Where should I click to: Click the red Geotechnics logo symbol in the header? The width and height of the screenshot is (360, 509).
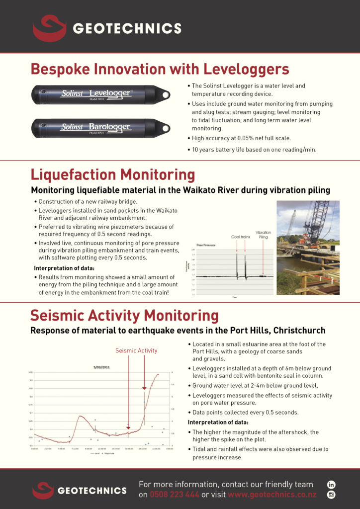coord(49,28)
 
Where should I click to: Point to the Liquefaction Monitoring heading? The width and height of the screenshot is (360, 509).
coord(113,175)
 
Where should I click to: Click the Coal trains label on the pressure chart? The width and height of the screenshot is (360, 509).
coord(241,237)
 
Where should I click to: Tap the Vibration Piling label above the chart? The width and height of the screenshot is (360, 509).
coord(263,235)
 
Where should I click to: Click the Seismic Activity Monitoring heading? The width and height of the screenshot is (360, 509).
coord(124,316)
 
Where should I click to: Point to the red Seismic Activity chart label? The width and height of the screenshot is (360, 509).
coord(136,350)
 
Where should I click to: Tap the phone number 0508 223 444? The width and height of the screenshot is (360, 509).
coord(175,495)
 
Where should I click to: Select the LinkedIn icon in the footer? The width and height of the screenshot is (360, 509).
coord(332,484)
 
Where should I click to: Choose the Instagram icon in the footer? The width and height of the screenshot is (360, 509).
coord(332,495)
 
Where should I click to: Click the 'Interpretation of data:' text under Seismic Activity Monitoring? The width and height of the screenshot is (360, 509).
coord(216,423)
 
